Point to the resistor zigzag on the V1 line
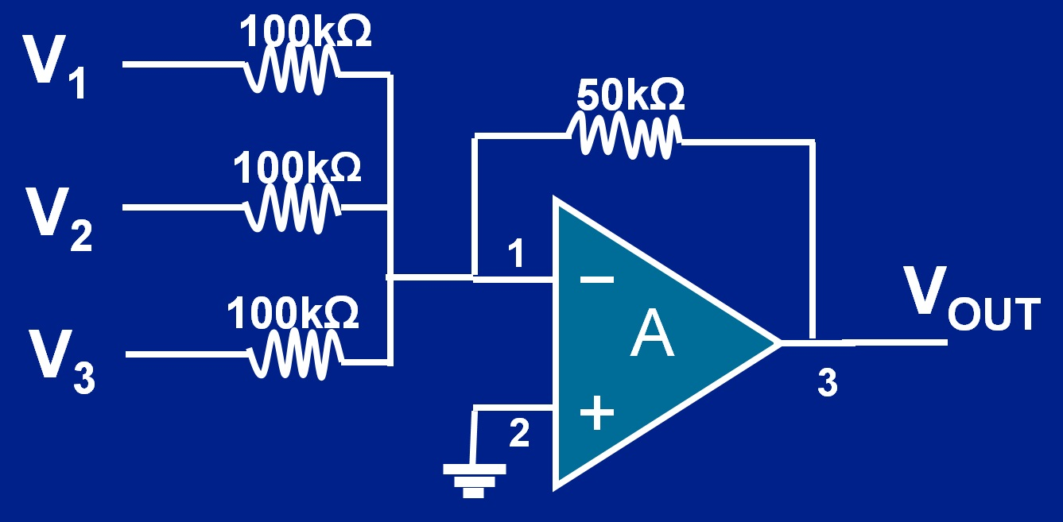pos(293,72)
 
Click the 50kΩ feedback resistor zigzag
pos(625,134)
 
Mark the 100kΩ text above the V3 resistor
pos(293,313)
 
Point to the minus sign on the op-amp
pos(596,279)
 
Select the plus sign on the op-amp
pos(596,413)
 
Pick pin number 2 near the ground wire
pos(518,433)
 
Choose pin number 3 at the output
pos(827,384)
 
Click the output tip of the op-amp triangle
pos(777,343)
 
